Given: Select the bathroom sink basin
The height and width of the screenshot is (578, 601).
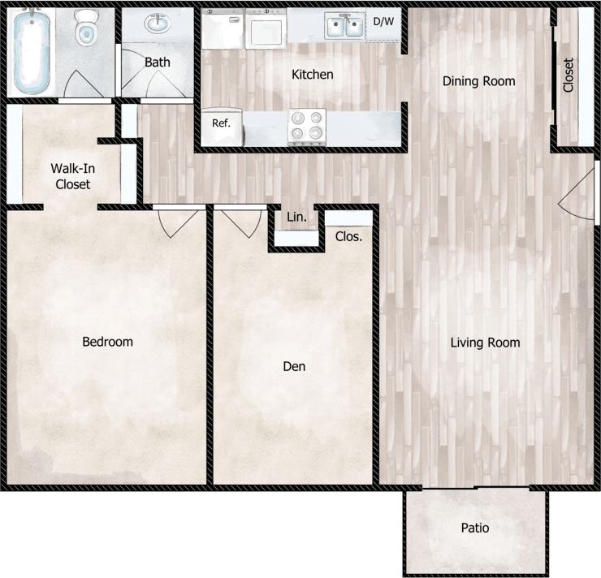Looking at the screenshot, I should [157, 24].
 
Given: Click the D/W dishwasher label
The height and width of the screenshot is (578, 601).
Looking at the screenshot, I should [383, 21].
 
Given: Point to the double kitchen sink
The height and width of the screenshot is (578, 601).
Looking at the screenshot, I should [345, 28].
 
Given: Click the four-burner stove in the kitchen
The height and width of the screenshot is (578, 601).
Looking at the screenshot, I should [307, 127].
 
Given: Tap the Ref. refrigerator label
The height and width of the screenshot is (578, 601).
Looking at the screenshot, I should [222, 124].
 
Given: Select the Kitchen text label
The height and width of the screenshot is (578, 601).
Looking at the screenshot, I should [313, 75].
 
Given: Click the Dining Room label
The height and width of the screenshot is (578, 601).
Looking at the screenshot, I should [478, 81].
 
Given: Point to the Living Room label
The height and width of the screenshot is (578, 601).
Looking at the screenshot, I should [485, 343].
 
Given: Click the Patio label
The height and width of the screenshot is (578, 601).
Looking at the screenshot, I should [475, 528].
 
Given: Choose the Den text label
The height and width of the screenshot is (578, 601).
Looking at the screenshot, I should [294, 367].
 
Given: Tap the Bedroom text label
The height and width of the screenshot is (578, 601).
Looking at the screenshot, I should [107, 342].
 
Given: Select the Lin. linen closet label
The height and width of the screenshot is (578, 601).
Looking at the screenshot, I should [297, 218].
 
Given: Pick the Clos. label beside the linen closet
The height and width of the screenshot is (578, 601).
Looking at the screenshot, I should [348, 237].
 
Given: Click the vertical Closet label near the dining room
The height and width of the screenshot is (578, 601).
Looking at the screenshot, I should [568, 75].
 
